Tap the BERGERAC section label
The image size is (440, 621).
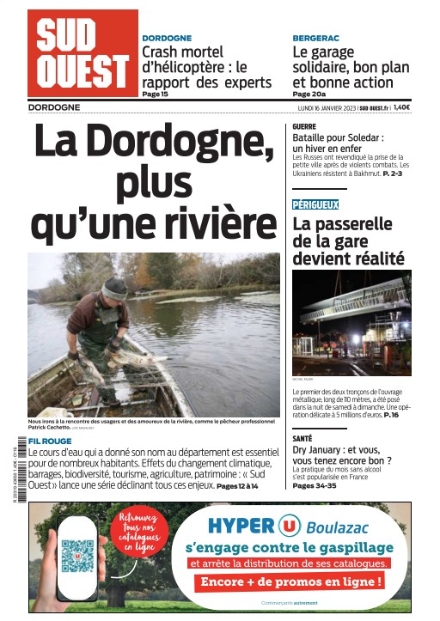coord(316,39)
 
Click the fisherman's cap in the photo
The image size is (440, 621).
coord(114,288)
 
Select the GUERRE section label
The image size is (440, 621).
coord(304,125)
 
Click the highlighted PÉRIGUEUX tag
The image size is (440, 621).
coord(315,204)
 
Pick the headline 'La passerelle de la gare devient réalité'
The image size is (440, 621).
coord(342,240)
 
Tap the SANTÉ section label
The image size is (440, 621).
coord(302,438)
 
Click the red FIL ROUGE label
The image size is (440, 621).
coord(50,441)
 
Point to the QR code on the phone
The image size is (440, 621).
coord(76,554)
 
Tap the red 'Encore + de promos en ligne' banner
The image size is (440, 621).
coord(290,581)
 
